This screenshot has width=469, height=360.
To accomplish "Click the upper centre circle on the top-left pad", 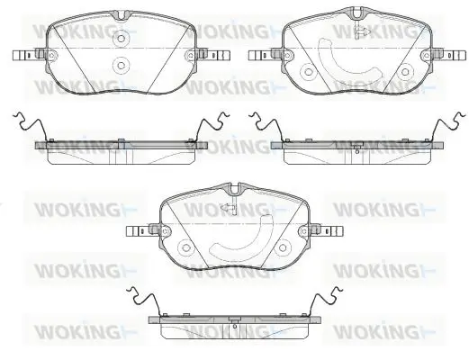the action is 121,39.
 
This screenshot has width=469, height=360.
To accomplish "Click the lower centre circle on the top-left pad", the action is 121,65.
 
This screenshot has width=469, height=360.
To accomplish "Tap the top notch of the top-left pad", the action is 121,15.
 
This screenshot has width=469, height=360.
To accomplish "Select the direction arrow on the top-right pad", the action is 363,31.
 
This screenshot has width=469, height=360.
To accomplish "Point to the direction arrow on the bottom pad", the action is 228,208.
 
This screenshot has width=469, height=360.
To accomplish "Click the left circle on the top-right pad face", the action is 309,72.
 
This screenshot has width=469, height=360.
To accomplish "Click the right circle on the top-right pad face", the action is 405,72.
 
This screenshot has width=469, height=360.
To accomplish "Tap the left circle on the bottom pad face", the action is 186,247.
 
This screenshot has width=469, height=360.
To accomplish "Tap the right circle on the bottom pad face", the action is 283,247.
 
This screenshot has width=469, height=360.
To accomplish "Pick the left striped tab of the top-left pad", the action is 24,55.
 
